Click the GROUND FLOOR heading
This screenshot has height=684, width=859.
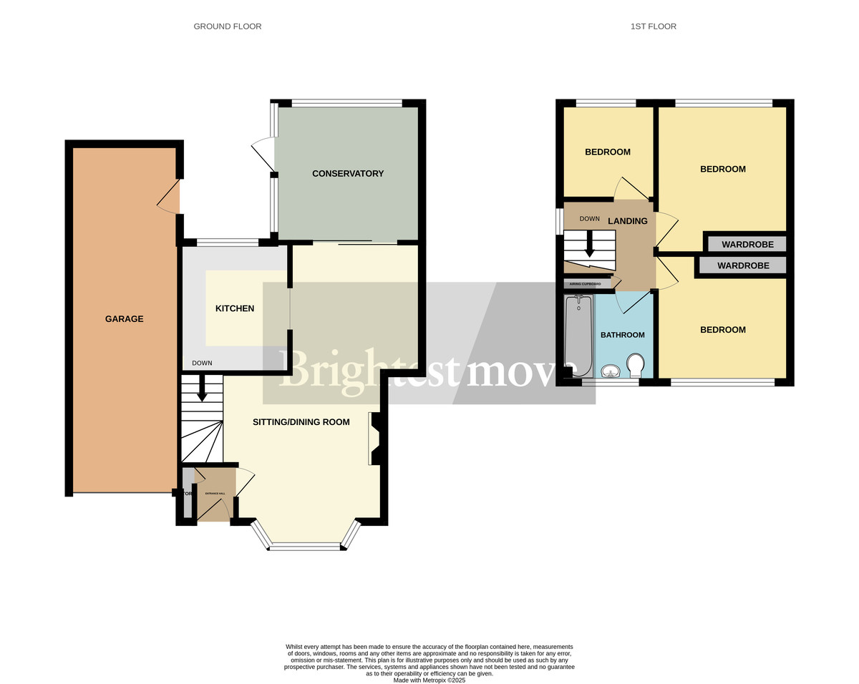pyautogui.click(x=228, y=26)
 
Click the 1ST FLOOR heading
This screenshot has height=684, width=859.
pyautogui.click(x=653, y=26)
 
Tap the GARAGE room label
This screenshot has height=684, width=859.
pyautogui.click(x=125, y=319)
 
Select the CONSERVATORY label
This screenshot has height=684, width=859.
pyautogui.click(x=348, y=174)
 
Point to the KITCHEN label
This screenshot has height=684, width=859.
pyautogui.click(x=235, y=308)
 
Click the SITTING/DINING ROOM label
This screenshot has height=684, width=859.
pyautogui.click(x=301, y=422)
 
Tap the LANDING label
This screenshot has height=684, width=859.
pyautogui.click(x=628, y=221)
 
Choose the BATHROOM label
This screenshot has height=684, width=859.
pyautogui.click(x=622, y=335)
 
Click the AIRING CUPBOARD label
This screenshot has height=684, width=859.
pyautogui.click(x=585, y=284)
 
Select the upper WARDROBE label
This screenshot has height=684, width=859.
pyautogui.click(x=747, y=245)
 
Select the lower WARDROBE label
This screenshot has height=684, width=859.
pyautogui.click(x=743, y=265)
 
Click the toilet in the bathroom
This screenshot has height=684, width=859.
pyautogui.click(x=634, y=366)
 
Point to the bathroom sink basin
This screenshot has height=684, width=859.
pyautogui.click(x=610, y=371)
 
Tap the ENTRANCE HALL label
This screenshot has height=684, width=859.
pyautogui.click(x=215, y=494)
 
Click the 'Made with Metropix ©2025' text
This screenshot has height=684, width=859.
pyautogui.click(x=429, y=680)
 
